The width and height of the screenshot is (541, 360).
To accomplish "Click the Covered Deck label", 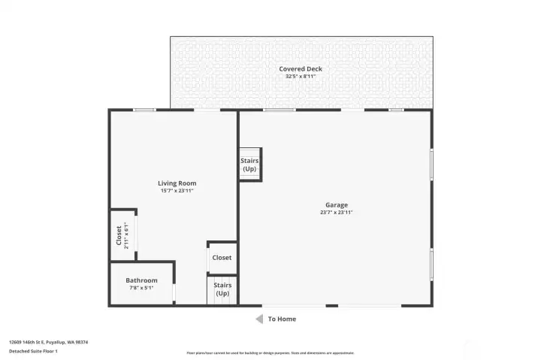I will click(x=301, y=69).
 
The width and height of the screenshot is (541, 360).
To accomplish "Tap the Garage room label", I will click(x=336, y=204).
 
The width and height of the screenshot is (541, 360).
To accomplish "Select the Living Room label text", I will click(x=177, y=183).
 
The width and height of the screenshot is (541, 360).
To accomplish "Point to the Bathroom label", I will click(x=141, y=280).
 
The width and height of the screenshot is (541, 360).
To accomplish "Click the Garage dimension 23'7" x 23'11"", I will click(x=336, y=213).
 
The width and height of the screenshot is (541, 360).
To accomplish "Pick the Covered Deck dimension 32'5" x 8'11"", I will click(x=301, y=77).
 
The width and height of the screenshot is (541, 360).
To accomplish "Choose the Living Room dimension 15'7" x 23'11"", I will click(x=177, y=191).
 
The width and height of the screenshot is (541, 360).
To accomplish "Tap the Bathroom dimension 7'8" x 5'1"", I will click(x=141, y=288).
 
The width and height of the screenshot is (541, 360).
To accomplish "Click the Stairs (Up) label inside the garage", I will click(x=249, y=165).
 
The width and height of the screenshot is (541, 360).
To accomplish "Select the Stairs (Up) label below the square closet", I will click(x=222, y=289).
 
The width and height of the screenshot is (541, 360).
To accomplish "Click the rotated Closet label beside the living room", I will click(x=119, y=235).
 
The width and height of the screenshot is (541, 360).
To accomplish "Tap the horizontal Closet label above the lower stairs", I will click(x=222, y=258).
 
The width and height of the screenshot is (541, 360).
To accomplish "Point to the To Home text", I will click(x=282, y=319).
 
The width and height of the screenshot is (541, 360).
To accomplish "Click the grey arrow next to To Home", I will click(x=259, y=319).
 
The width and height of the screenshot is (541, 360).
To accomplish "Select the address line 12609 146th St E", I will click(x=48, y=342).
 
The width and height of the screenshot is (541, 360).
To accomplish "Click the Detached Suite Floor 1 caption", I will click(x=33, y=351).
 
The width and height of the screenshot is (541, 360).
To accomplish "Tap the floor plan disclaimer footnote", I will click(x=270, y=352).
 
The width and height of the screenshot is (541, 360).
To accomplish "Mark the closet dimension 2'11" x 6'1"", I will click(x=126, y=235).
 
